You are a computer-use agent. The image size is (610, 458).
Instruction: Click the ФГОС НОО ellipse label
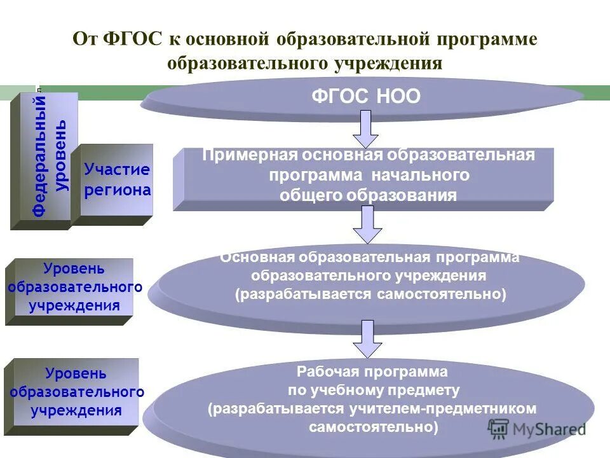click(x=365, y=97)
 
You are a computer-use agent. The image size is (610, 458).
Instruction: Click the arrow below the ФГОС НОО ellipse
click(x=365, y=128)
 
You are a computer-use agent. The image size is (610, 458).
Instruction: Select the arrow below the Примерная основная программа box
click(x=367, y=224)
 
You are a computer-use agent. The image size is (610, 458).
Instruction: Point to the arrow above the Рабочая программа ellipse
click(x=367, y=338)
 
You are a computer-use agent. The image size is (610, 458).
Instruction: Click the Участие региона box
click(x=118, y=180)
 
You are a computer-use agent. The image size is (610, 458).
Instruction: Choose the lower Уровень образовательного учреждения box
click(x=77, y=391)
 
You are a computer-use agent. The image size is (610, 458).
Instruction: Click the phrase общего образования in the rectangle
click(x=368, y=195)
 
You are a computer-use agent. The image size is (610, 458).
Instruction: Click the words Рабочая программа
click(x=372, y=371)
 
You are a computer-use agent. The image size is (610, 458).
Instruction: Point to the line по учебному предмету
click(x=373, y=390)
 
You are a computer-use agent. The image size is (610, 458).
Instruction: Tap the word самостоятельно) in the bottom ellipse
click(x=373, y=427)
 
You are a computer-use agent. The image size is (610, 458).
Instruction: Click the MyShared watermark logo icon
click(x=499, y=428)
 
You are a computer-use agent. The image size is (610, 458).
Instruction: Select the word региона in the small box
click(x=118, y=190)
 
